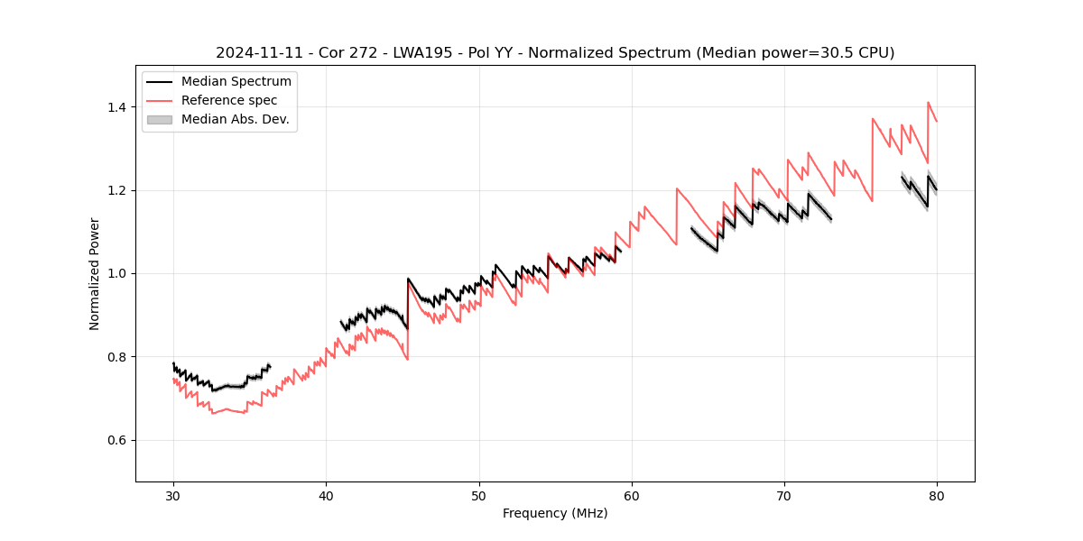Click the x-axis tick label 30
(173, 496)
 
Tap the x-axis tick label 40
(326, 496)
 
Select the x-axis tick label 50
(479, 496)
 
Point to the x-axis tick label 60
(632, 496)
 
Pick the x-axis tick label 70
(784, 496)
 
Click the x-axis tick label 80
(937, 496)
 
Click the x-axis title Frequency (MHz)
(555, 513)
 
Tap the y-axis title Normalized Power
(95, 273)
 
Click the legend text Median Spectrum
(236, 82)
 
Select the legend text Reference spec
(229, 100)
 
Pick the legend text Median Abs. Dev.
(236, 119)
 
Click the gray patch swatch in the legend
(160, 119)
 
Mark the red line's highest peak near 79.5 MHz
(928, 102)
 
